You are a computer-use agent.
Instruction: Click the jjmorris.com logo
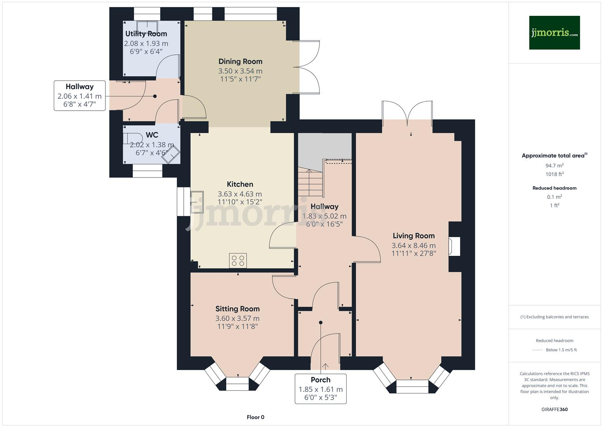554,32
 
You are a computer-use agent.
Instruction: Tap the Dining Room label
240,61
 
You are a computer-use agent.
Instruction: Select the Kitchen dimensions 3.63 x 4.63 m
240,194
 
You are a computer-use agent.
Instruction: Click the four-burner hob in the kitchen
238,261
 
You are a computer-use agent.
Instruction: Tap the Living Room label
413,236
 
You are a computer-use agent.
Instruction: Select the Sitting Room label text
237,309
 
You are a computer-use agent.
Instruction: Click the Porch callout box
320,389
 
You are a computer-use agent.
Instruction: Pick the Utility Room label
146,34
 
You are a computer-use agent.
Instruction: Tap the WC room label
152,135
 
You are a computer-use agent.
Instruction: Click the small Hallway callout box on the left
79,95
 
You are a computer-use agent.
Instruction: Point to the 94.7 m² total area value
554,166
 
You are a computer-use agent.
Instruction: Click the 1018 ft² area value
554,174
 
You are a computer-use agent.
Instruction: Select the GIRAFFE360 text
554,409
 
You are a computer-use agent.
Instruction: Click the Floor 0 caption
255,417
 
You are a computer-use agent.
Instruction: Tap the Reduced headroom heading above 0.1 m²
554,188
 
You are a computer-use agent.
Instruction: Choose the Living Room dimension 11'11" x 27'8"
413,253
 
